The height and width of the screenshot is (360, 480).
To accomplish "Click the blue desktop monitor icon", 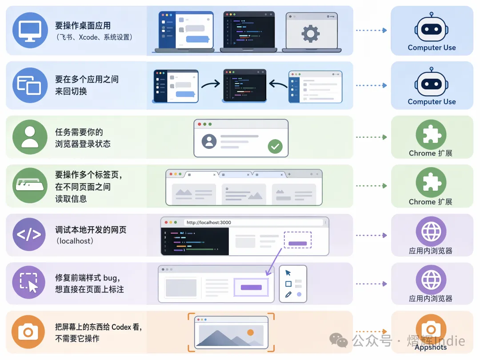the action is coord(30,30).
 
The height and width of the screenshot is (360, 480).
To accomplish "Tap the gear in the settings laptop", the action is coord(310,33).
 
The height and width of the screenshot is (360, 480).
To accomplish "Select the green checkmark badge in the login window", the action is coord(275,146).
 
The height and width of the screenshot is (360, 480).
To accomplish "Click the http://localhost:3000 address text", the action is coord(209,223).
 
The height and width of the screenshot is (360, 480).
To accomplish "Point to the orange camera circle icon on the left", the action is coord(28,332).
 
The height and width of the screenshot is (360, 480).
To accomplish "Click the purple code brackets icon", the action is coord(29,235).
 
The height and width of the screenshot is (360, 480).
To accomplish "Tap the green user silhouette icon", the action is coord(30,137).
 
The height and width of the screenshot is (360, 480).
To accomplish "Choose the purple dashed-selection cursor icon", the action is coord(29,282).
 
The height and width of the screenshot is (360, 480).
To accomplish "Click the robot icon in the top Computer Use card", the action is coord(432,28).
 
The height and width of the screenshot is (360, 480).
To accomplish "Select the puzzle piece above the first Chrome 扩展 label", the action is coord(431,134).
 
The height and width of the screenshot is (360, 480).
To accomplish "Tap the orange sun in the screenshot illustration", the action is coord(250,332).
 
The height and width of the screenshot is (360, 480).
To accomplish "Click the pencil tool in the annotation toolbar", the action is coord(288,295).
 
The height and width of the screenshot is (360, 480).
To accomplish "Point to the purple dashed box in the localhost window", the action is coord(297,240).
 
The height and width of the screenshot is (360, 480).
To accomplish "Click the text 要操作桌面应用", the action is coord(83,25).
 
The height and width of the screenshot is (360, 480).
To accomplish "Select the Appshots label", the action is coord(431,347).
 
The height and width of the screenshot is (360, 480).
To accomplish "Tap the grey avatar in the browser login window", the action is coord(209,141).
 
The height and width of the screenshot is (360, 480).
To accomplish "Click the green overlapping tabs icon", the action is coord(30,185).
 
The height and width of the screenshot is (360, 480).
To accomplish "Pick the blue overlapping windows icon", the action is coord(30,85).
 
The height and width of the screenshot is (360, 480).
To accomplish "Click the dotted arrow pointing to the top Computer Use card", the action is coord(371,30).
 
